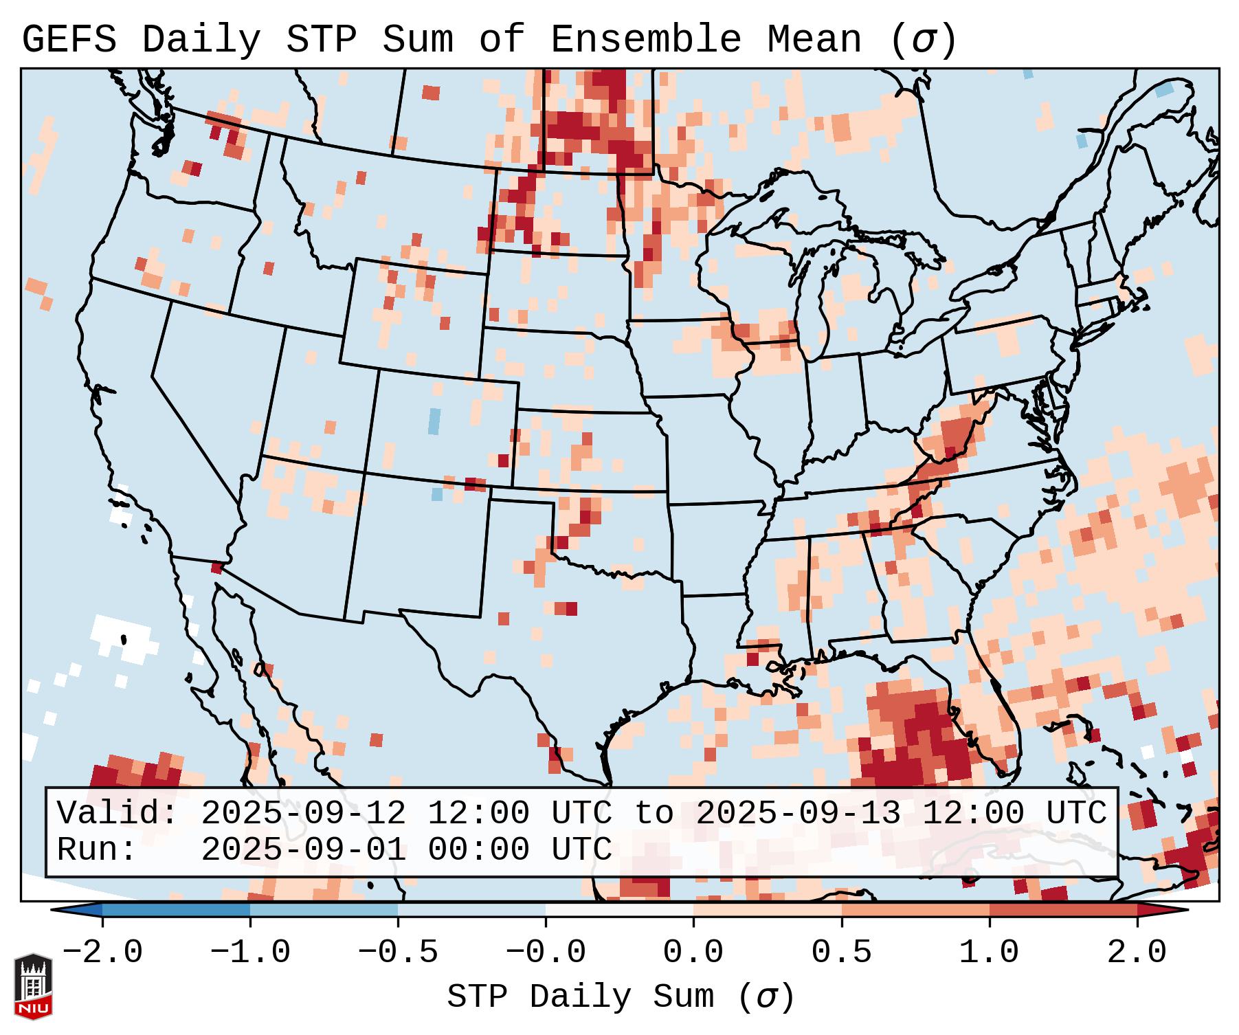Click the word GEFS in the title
click(x=69, y=40)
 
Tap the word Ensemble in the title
click(x=645, y=40)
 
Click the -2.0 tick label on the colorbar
click(x=102, y=953)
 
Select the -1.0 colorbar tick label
click(x=250, y=953)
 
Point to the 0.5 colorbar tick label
click(x=841, y=953)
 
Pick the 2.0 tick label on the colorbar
click(x=1137, y=953)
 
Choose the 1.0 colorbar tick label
click(x=989, y=953)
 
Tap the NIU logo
click(x=33, y=986)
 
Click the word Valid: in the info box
click(x=118, y=813)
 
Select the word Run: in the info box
click(x=97, y=849)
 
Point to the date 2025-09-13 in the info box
click(x=798, y=813)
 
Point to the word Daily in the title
click(x=201, y=40)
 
